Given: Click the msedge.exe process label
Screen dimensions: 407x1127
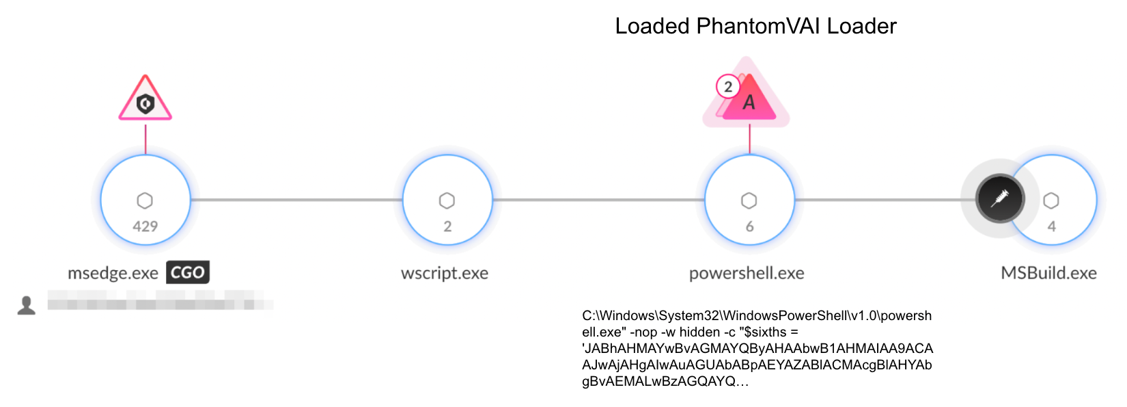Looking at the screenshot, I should pyautogui.click(x=113, y=273).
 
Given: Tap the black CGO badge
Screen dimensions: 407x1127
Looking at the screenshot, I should pyautogui.click(x=188, y=272).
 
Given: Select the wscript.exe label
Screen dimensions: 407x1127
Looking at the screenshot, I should pyautogui.click(x=445, y=273).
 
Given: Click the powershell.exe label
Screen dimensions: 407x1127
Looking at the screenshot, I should pyautogui.click(x=747, y=273).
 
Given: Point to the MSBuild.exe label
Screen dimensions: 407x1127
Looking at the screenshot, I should pyautogui.click(x=1048, y=273).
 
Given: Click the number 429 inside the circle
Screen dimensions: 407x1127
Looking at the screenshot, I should pyautogui.click(x=145, y=226).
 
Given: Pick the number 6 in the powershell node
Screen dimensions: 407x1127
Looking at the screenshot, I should pyautogui.click(x=749, y=226).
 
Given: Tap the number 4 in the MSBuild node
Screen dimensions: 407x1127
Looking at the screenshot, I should pyautogui.click(x=1051, y=226).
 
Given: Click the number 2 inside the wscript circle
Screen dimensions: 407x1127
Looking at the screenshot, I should pyautogui.click(x=447, y=226).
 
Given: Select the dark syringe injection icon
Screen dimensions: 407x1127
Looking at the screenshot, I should pyautogui.click(x=1000, y=199).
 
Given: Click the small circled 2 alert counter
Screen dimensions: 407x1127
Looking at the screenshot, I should pyautogui.click(x=728, y=87).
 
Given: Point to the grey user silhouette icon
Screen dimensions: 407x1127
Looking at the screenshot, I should pyautogui.click(x=27, y=305).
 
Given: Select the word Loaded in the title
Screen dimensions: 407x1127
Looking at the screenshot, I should pyautogui.click(x=652, y=26).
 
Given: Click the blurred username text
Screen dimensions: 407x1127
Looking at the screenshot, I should pyautogui.click(x=161, y=300).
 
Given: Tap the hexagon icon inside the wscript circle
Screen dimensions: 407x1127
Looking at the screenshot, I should pyautogui.click(x=447, y=200).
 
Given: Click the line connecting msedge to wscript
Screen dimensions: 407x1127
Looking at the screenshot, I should pyautogui.click(x=296, y=200).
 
